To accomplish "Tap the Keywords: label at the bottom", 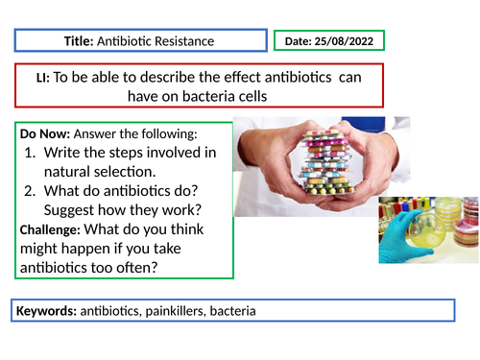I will [45, 312].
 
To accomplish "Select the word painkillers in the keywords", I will [179, 312].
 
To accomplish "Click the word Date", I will [298, 41].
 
